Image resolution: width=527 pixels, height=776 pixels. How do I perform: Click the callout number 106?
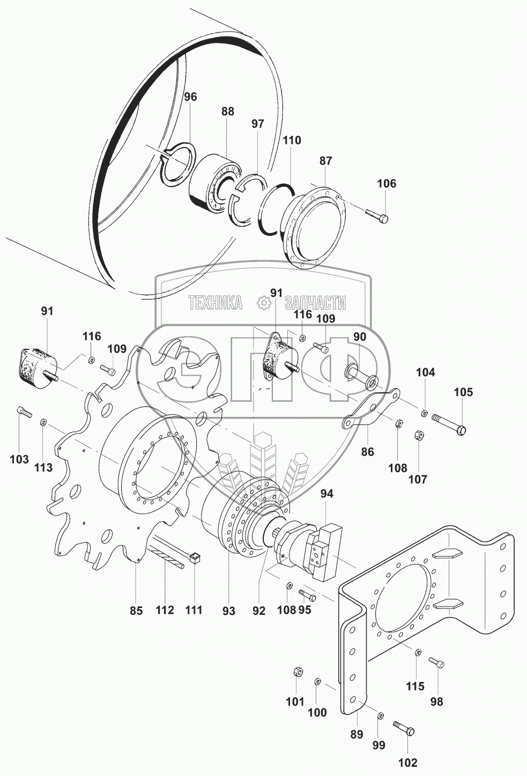(386, 183)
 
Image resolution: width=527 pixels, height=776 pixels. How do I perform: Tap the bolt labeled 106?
(376, 215)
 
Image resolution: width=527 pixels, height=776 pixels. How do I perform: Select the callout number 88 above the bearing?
(228, 111)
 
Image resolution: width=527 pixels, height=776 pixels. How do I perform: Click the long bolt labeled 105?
(449, 424)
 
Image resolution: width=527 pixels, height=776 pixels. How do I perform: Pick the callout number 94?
(326, 494)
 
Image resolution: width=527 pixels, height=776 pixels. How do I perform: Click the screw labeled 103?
(24, 412)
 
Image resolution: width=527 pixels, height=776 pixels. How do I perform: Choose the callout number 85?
(136, 611)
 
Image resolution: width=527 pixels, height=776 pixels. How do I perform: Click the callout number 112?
(165, 610)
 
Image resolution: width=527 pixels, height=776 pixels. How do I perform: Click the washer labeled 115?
(418, 653)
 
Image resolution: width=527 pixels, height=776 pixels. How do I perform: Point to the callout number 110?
(292, 140)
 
